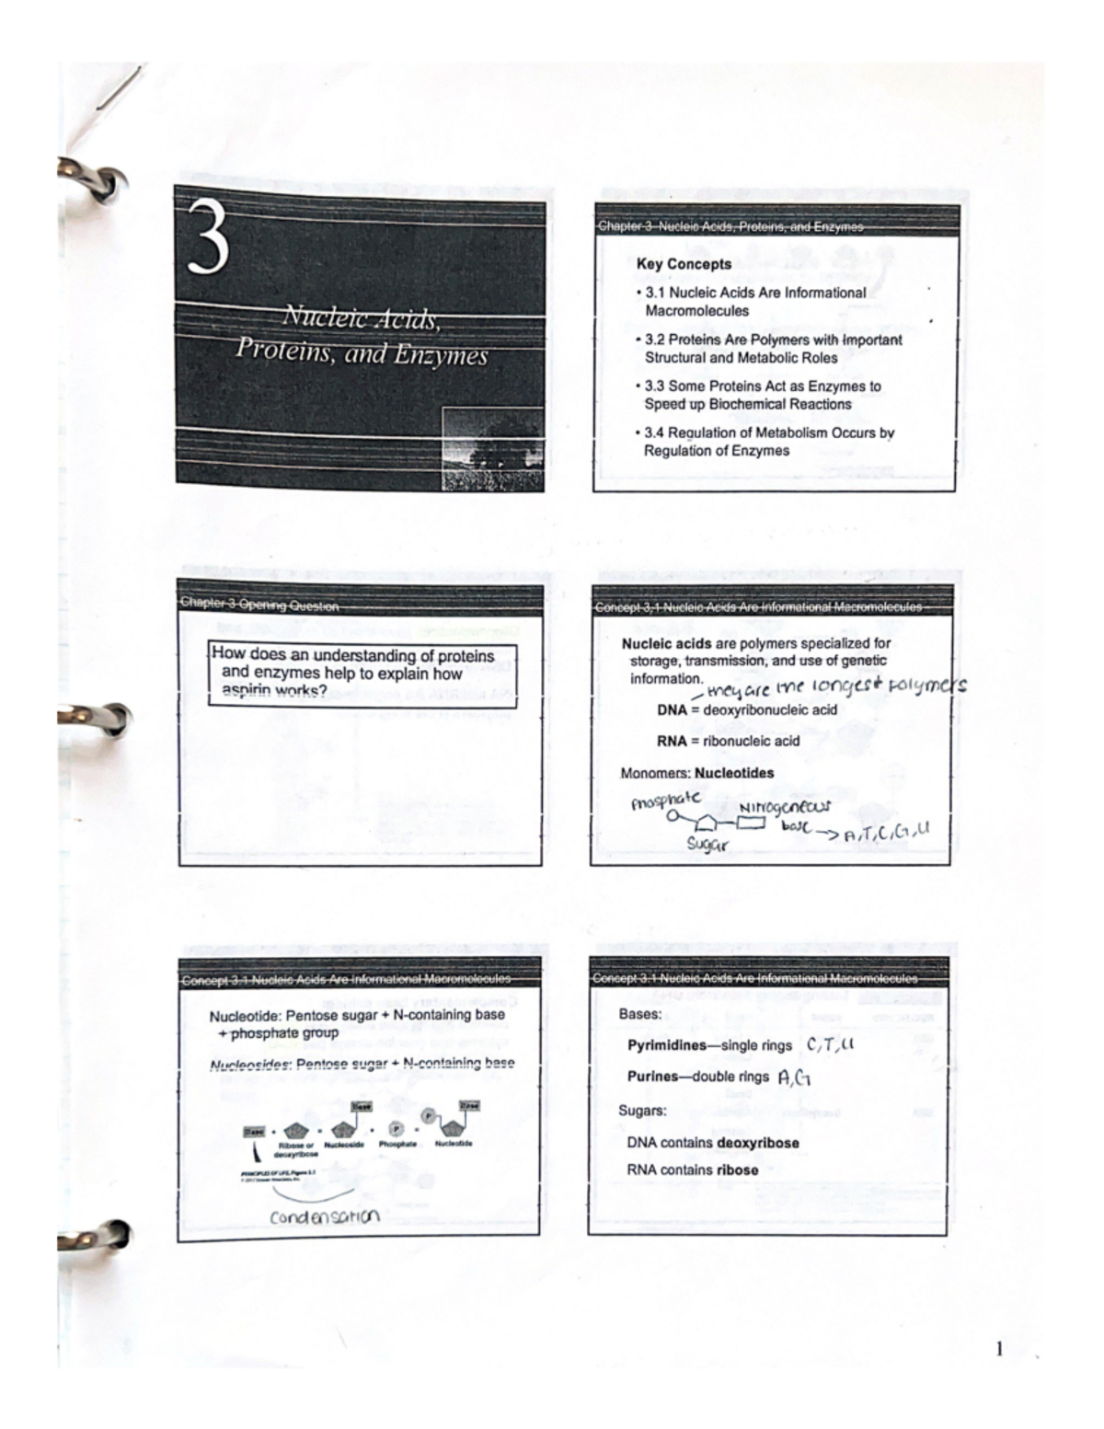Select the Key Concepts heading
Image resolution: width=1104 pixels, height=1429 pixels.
(x=684, y=264)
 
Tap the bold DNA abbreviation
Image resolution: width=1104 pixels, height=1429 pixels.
(x=672, y=710)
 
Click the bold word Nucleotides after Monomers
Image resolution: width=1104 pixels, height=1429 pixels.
(x=734, y=773)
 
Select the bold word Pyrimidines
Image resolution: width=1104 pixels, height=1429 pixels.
(x=666, y=1045)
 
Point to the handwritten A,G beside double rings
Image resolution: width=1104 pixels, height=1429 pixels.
(x=794, y=1078)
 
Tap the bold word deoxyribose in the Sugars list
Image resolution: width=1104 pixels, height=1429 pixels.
(x=757, y=1143)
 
